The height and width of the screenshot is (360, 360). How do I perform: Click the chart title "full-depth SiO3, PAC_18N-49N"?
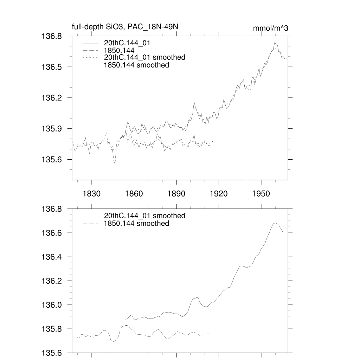pyautogui.click(x=127, y=27)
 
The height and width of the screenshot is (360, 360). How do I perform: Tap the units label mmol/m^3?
pyautogui.click(x=271, y=28)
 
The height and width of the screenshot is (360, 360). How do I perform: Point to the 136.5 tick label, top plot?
pyautogui.click(x=52, y=67)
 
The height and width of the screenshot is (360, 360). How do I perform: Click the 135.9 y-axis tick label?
pyautogui.click(x=52, y=129)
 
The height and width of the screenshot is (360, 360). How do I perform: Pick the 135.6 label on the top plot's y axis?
pyautogui.click(x=52, y=160)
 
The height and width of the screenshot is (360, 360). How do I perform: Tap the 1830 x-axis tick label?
pyautogui.click(x=91, y=193)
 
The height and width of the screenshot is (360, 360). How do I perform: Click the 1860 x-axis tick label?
pyautogui.click(x=134, y=193)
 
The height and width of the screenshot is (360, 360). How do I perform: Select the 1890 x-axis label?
pyautogui.click(x=176, y=193)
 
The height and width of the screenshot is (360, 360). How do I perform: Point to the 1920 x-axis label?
pyautogui.click(x=219, y=193)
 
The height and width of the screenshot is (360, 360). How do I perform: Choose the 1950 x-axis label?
pyautogui.click(x=261, y=193)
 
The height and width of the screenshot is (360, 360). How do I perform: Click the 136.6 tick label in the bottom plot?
pyautogui.click(x=52, y=233)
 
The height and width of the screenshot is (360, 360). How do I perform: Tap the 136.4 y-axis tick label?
pyautogui.click(x=52, y=257)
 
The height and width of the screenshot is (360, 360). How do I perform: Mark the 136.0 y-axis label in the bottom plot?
pyautogui.click(x=52, y=305)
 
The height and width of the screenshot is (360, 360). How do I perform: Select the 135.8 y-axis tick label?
pyautogui.click(x=52, y=329)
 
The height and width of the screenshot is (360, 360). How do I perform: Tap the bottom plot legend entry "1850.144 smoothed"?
pyautogui.click(x=136, y=224)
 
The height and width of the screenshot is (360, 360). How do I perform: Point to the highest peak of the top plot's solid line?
pyautogui.click(x=275, y=43)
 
